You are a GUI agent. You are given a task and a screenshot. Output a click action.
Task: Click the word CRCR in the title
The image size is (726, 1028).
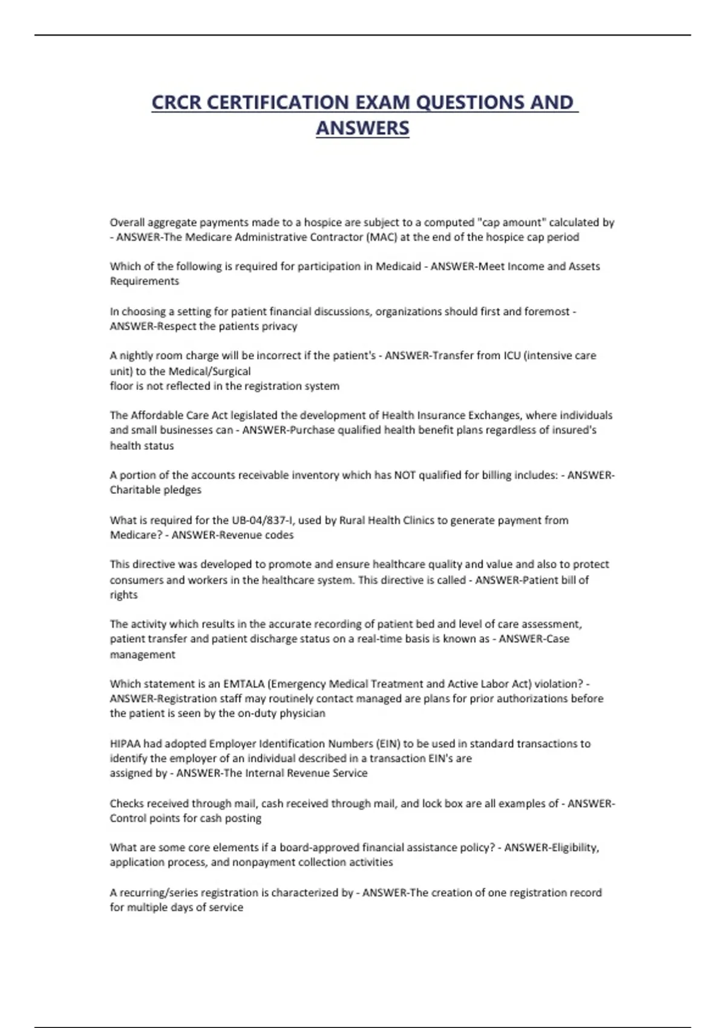pos(176,102)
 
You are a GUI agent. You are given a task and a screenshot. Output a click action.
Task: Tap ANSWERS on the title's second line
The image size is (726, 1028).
pos(362,128)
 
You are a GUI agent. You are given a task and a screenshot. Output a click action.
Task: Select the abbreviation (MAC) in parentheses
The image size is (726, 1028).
pos(381,237)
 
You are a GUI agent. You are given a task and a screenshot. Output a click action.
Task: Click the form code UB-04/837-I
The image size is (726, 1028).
pos(263,520)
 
